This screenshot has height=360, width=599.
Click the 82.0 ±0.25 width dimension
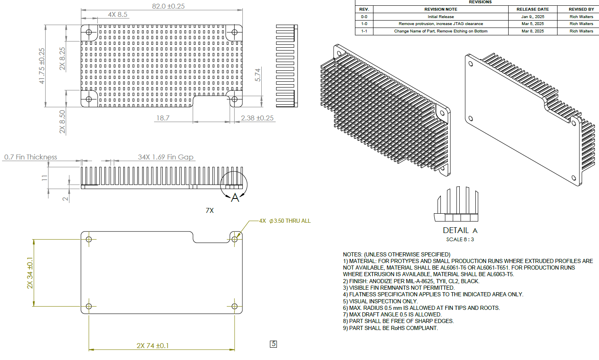pos(168,6)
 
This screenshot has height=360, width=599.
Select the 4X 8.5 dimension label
pos(117,14)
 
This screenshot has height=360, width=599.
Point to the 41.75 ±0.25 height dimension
pos(42,66)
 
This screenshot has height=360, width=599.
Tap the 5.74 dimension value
pos(258,74)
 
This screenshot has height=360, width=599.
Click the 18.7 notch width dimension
pos(163,118)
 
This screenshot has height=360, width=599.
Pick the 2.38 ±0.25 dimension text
pos(257,118)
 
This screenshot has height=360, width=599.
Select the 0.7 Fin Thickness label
pos(31,157)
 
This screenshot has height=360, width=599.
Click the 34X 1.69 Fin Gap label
pos(166,157)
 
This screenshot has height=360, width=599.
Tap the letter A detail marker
pos(235,198)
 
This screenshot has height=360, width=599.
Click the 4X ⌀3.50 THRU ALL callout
pos(285,221)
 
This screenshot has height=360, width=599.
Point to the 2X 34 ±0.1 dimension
pos(30,273)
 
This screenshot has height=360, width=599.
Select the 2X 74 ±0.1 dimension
pos(152,346)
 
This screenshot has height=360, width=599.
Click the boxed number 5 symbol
pos(274,344)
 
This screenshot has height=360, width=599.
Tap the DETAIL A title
pos(460,230)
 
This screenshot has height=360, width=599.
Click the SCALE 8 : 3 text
pos(460,240)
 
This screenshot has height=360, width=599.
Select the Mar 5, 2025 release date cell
pos(532,24)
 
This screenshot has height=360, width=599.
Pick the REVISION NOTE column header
pos(440,9)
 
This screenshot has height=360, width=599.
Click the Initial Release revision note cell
pos(440,17)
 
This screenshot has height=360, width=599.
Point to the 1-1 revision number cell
pos(364,31)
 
